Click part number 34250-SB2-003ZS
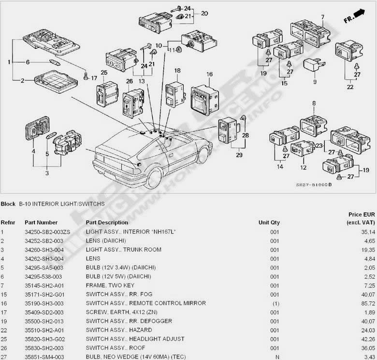coord(47,232)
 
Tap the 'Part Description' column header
coord(107,223)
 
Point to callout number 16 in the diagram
coord(209,75)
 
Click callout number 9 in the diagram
coord(315,82)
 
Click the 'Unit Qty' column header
coord(269,223)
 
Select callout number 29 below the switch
coord(239,155)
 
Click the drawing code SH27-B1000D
coord(314,185)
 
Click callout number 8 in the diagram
coord(314,104)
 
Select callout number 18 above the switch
coord(177,71)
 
